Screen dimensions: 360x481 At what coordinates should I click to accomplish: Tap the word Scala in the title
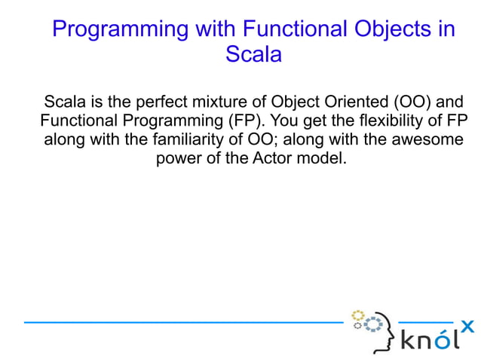[x=253, y=55]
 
